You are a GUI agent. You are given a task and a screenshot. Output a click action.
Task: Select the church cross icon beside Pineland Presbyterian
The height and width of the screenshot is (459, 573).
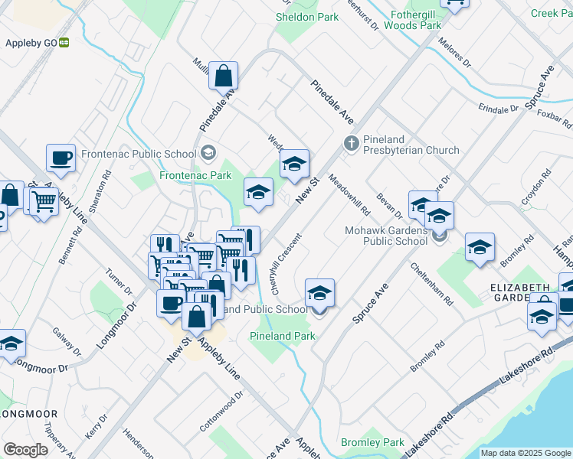coord(351,143)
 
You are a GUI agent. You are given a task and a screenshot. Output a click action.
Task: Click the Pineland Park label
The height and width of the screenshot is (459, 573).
coord(282,336)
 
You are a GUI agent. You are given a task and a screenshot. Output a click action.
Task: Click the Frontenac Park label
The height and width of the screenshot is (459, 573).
coord(195,175)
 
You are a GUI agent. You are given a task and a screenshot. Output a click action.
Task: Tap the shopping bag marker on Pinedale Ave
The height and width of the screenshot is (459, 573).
coord(223,76)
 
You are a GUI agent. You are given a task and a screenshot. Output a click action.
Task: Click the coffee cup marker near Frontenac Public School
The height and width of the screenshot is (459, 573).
coord(61,158)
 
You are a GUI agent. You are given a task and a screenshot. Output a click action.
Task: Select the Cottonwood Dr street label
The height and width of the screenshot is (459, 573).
coord(221,411)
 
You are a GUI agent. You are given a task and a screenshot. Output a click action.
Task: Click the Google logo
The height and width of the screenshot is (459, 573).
coord(26,450)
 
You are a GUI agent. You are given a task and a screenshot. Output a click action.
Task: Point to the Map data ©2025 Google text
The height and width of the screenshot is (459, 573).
coord(526,453)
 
